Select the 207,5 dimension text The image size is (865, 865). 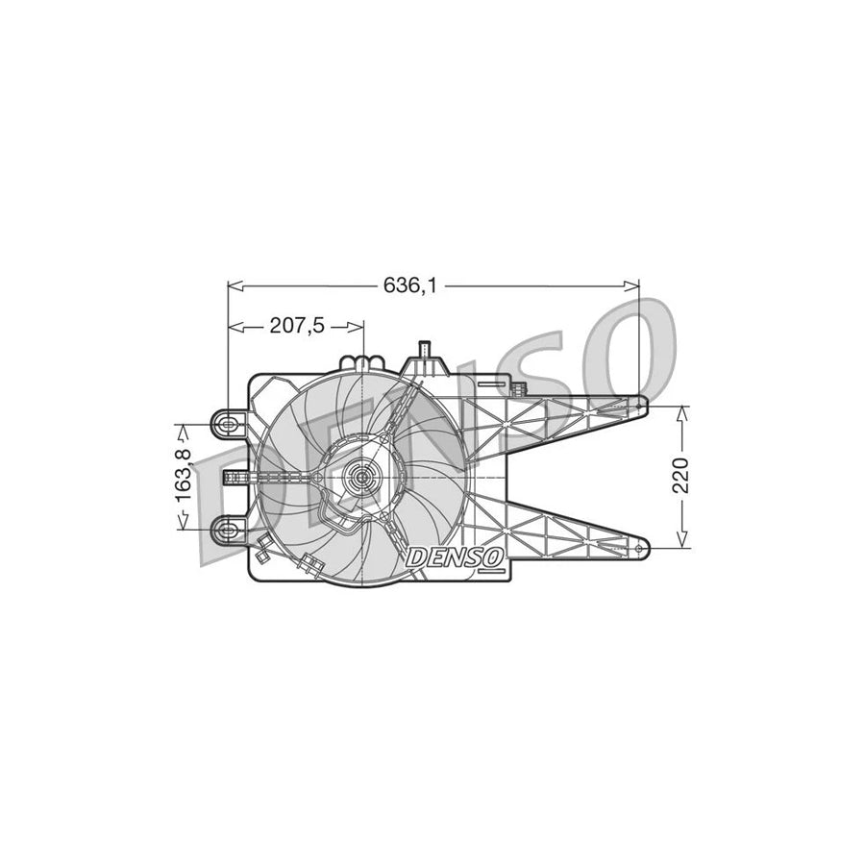[295, 326]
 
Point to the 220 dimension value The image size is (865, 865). [681, 476]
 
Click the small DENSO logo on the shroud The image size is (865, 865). [455, 556]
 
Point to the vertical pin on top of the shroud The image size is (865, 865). [424, 348]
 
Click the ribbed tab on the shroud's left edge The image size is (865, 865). [235, 477]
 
